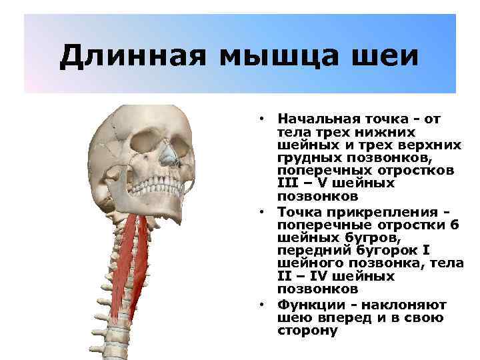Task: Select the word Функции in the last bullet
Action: click(307, 305)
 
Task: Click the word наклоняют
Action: click(405, 305)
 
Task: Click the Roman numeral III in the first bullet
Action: click(289, 183)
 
